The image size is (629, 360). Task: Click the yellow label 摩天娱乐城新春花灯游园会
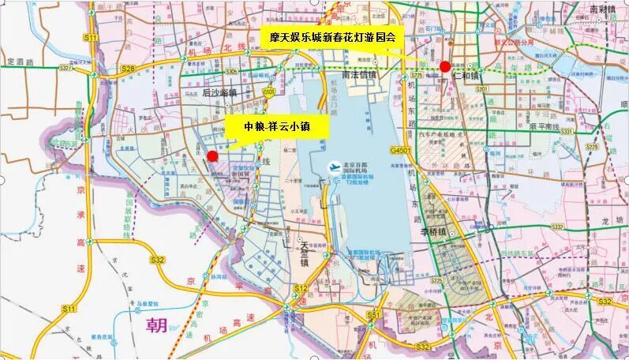pos(332,36)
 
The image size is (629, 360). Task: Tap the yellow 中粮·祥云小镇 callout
pos(276,126)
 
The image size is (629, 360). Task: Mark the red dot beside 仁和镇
pos(445,66)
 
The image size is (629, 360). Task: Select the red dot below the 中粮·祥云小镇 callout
pos(212,156)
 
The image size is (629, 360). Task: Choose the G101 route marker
pos(269,92)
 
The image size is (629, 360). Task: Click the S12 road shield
pos(300,289)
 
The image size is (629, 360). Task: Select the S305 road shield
pos(231,71)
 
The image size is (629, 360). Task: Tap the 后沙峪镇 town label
pos(219,92)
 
